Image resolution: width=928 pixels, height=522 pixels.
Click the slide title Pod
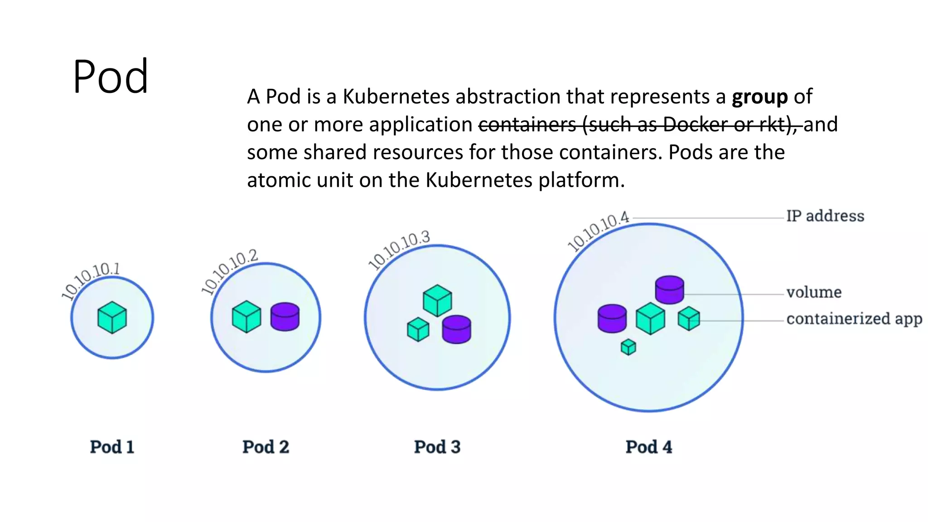(x=111, y=76)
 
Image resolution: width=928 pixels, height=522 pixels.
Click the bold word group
(x=760, y=97)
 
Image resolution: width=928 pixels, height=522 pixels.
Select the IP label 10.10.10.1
(x=91, y=281)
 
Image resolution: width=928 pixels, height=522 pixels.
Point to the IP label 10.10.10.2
(x=229, y=271)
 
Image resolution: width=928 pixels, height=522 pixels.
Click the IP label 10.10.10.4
(x=598, y=231)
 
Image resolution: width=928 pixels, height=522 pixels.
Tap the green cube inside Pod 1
(x=112, y=317)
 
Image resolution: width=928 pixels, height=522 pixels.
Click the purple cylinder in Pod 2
(x=285, y=317)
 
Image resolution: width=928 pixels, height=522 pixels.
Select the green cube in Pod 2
(x=246, y=317)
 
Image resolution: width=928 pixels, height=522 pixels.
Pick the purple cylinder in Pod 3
(x=456, y=329)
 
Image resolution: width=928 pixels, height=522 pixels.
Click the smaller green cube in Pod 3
(x=418, y=329)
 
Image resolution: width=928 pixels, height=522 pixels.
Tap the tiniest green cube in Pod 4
(x=628, y=348)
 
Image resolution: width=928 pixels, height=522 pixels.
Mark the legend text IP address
(x=825, y=216)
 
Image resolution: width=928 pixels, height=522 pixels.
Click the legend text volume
(x=814, y=293)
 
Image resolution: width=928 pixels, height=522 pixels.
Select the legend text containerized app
(x=854, y=319)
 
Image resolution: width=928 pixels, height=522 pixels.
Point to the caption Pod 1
(x=112, y=447)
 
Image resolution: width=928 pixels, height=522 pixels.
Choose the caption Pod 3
(x=437, y=447)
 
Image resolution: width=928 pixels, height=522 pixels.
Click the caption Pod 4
(x=648, y=447)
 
